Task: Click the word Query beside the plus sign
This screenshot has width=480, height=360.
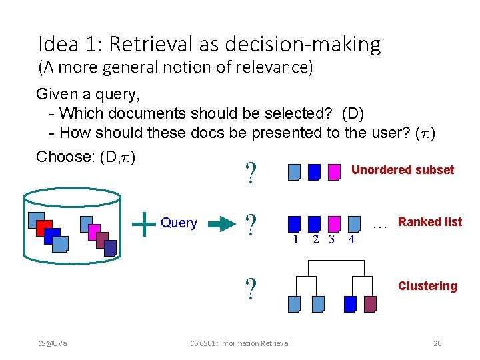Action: (x=179, y=223)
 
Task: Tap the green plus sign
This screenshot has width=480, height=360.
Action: (x=144, y=223)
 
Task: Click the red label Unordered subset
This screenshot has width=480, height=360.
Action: (x=402, y=170)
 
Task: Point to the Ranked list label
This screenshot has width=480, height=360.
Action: (x=429, y=222)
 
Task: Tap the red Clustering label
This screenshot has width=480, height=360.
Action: (x=427, y=286)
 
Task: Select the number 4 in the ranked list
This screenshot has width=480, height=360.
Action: (x=351, y=239)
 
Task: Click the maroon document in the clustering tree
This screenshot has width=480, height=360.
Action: (x=370, y=304)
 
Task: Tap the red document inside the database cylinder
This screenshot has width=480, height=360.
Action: (x=44, y=227)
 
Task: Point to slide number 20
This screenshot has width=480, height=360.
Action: (x=437, y=343)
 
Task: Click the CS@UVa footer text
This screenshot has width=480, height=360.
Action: (x=57, y=343)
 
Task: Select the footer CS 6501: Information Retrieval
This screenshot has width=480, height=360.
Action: (x=240, y=343)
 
